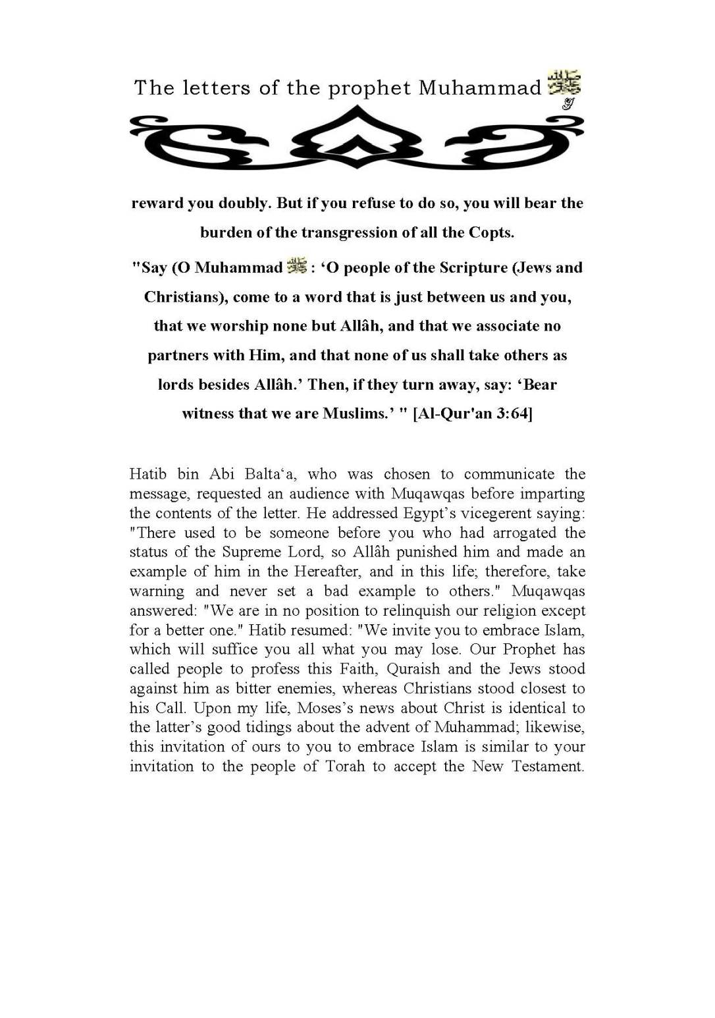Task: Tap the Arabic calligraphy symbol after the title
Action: pyautogui.click(x=564, y=84)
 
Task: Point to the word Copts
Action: pyautogui.click(x=490, y=232)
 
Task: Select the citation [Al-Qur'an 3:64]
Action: pyautogui.click(x=472, y=414)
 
